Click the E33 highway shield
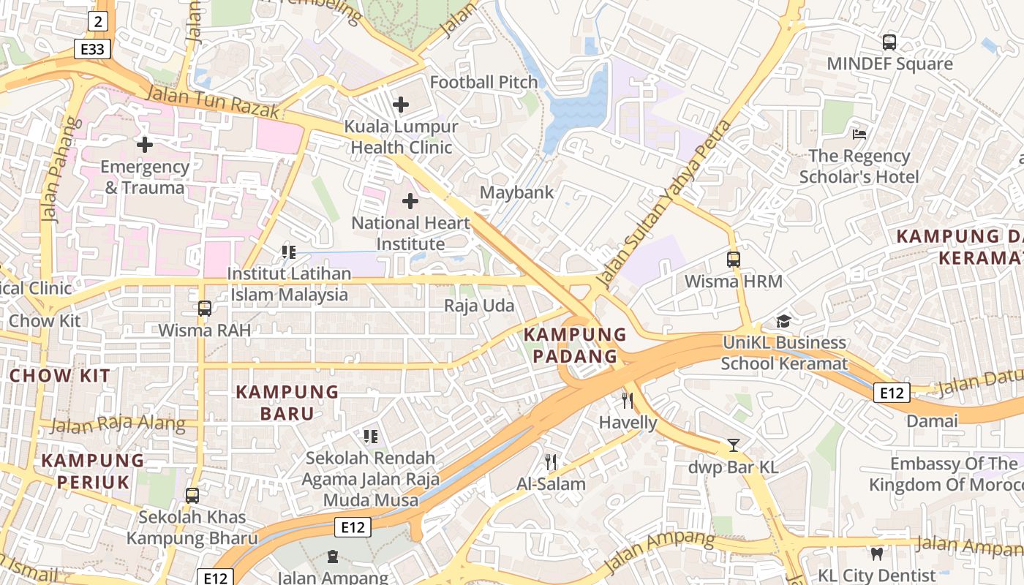pos(93,49)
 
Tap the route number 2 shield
pos(98,21)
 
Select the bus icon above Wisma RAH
pos(205,309)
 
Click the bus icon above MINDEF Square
pos(889,42)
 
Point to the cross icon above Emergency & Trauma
pos(145,145)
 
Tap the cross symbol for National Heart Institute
pos(410,200)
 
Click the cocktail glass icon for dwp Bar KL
pos(734,445)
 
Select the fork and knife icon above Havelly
pos(627,400)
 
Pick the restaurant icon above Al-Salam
pos(551,461)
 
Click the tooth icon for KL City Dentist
pos(876,554)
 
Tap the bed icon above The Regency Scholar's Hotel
pos(859,134)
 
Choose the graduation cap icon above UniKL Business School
pos(783,321)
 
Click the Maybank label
pos(516,192)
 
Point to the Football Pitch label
pos(483,82)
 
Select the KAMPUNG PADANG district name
pos(575,345)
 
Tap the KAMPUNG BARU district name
pos(287,402)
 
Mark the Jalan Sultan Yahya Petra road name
pos(663,203)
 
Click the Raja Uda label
pos(479,306)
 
